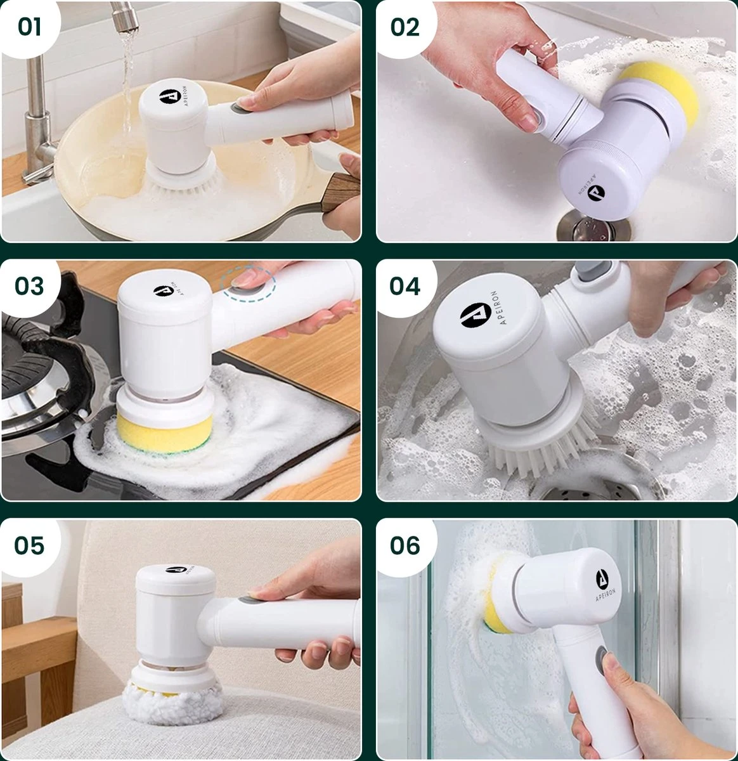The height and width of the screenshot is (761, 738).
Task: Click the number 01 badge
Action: (29, 27)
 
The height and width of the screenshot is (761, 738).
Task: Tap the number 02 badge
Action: (405, 27)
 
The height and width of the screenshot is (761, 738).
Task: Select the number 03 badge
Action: (29, 286)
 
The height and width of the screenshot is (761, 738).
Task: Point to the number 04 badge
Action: (405, 286)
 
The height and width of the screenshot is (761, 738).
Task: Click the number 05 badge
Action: (29, 545)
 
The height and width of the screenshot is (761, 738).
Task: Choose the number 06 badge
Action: (405, 545)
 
